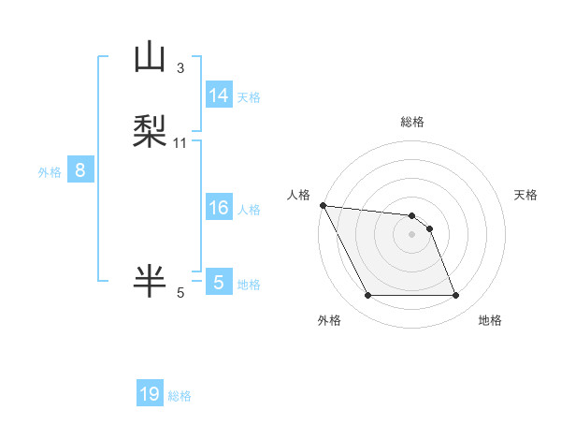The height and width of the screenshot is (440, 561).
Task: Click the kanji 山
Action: coord(150,58)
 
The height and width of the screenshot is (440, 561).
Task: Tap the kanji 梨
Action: coord(150,130)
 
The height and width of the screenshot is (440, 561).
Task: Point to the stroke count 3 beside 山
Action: coord(180,67)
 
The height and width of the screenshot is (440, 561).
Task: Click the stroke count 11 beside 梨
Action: coord(180,142)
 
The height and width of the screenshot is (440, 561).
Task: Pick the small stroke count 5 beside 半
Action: coord(180,293)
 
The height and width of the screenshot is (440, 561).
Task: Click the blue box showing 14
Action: coord(218,95)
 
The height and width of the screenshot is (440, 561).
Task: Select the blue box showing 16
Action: coord(218,208)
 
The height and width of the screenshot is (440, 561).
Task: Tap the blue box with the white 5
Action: coord(218,283)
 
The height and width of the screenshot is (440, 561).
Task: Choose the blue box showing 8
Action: coord(79,170)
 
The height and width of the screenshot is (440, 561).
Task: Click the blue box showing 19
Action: coord(150,394)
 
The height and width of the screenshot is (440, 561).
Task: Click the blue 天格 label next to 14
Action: coord(249,96)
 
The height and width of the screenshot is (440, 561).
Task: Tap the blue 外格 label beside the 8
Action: coord(50,172)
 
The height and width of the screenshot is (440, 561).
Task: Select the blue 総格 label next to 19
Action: coord(180,396)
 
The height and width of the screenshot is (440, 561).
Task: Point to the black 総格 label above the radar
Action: coord(412,123)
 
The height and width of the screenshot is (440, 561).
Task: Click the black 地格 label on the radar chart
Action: coord(490,320)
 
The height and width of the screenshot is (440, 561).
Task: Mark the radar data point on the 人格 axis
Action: coord(323,205)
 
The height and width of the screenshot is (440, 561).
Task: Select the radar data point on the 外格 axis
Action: coord(367,296)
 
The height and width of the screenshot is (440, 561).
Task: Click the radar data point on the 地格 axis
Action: coord(455,296)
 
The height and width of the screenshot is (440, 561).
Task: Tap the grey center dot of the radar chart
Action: coord(411,234)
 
